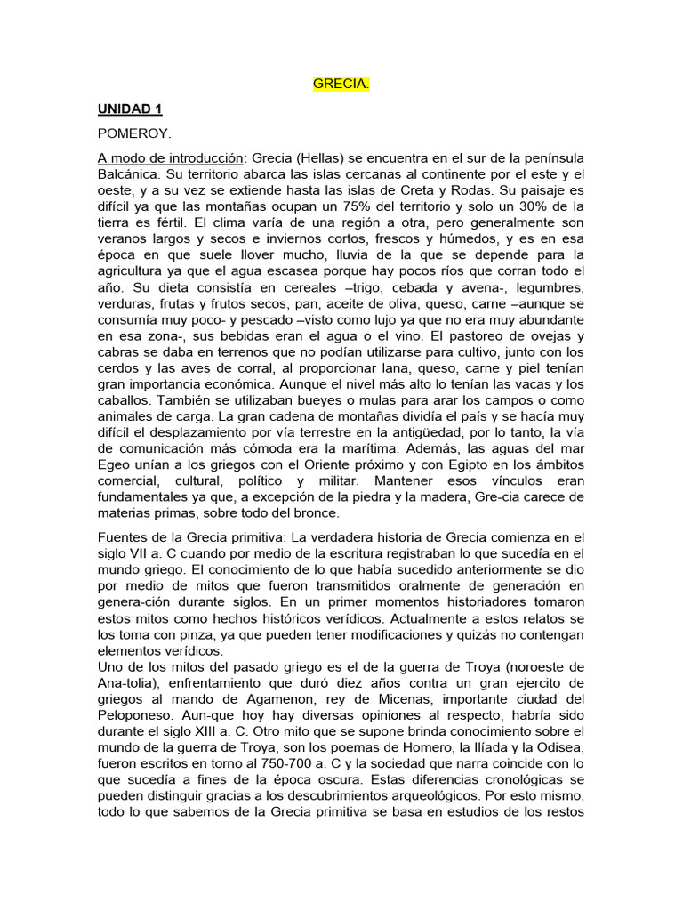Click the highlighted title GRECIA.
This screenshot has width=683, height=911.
click(341, 85)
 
